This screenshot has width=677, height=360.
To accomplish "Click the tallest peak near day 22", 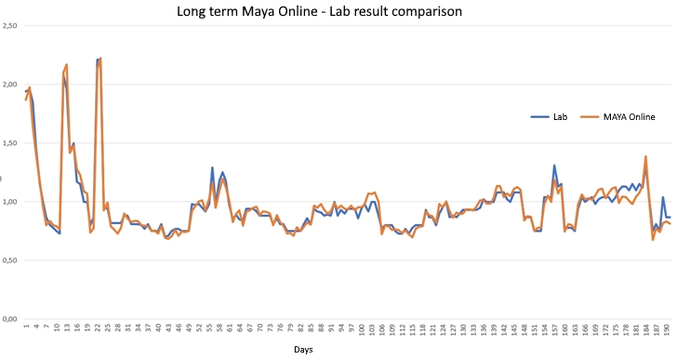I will point(100,59).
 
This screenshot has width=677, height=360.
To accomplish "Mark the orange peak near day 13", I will point(66,65).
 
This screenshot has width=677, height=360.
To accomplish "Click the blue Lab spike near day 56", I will point(213,168).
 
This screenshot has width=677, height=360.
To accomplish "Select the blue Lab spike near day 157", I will point(554,167).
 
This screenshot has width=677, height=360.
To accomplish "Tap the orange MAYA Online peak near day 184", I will point(645,157).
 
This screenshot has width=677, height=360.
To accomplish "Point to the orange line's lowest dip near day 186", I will point(653,239).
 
